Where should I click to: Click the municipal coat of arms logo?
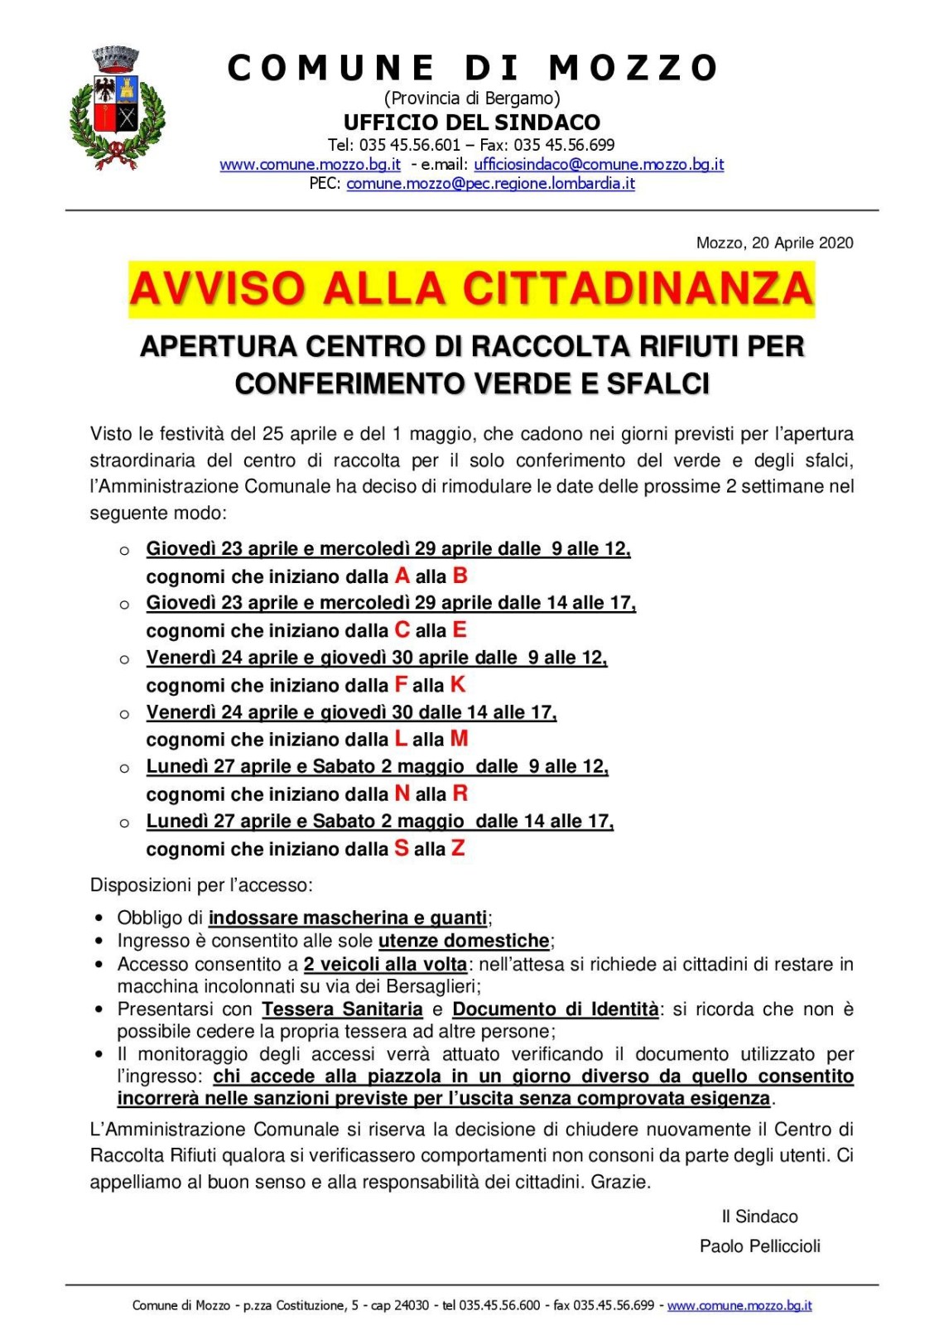116,108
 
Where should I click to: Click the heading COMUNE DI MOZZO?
472,68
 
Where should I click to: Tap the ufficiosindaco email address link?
599,164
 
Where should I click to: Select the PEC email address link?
490,183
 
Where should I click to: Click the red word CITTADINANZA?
638,289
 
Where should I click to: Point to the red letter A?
402,576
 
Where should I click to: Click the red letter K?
458,685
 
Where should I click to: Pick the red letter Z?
458,848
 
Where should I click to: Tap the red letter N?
402,793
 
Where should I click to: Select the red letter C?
402,630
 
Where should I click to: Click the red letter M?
460,739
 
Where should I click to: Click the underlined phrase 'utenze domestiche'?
464,941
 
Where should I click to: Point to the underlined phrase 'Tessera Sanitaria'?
342,1009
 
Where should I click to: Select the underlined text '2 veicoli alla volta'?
385,964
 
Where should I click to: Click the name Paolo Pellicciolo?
759,1246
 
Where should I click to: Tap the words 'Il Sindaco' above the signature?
759,1217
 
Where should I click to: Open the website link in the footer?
739,1305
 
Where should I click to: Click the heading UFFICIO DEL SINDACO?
472,123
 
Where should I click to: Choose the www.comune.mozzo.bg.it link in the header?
310,164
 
